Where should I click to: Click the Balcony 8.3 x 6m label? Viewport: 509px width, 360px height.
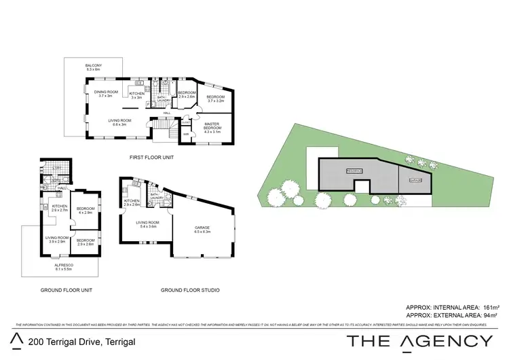pos(93,67)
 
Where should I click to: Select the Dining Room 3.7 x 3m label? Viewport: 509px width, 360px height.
pos(105,94)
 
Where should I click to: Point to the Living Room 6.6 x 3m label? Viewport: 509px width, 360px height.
pos(119,122)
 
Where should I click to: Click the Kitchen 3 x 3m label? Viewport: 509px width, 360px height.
pos(136,96)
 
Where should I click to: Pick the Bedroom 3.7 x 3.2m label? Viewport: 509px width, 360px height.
pos(215,98)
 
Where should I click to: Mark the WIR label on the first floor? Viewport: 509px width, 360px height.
pos(185,134)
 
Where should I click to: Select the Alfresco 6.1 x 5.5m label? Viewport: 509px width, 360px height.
pos(59,268)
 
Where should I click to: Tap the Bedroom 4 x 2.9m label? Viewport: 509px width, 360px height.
pos(85,211)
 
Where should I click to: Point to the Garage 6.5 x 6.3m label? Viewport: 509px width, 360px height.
pos(202,230)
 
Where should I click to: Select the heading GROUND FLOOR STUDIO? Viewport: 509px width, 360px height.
pos(189,290)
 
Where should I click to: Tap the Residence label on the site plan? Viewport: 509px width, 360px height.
pos(354,170)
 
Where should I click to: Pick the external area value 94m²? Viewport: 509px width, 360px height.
pos(489,316)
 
